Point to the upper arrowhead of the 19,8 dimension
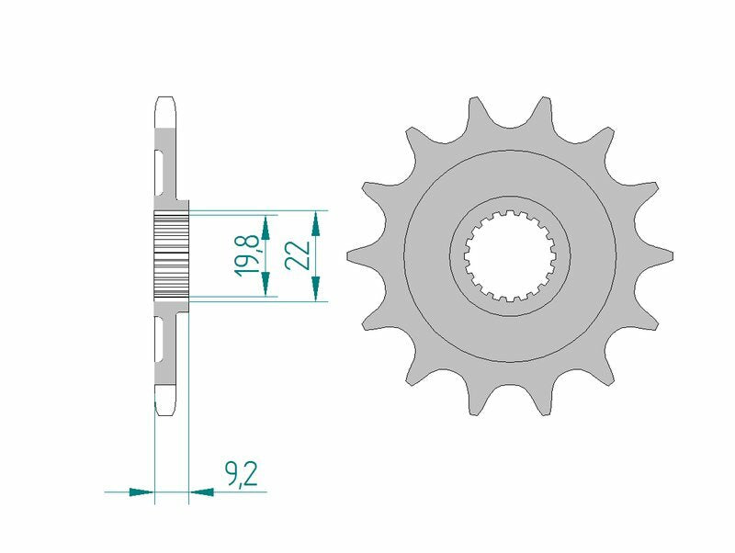tap(266, 225)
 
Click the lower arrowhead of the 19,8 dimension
tap(266, 286)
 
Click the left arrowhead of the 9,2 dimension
tap(141, 492)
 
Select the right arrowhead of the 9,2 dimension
tap(200, 492)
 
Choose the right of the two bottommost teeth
tap(548, 399)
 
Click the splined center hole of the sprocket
tap(510, 255)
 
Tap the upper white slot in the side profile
tap(160, 171)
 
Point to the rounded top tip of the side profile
tap(165, 100)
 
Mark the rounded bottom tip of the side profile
tap(165, 409)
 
